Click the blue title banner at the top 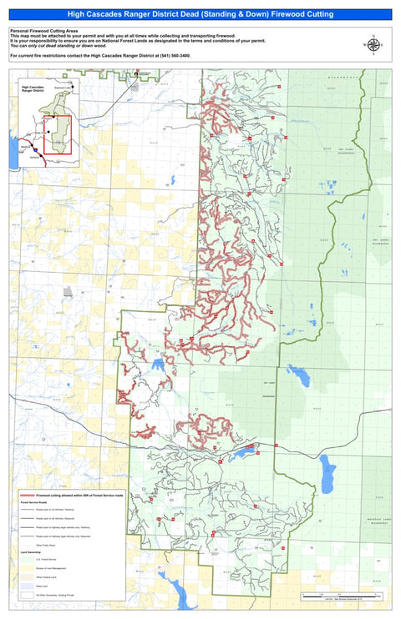[x=200, y=14]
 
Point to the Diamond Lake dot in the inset [x=73, y=88]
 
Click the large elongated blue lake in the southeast [x=329, y=475]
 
